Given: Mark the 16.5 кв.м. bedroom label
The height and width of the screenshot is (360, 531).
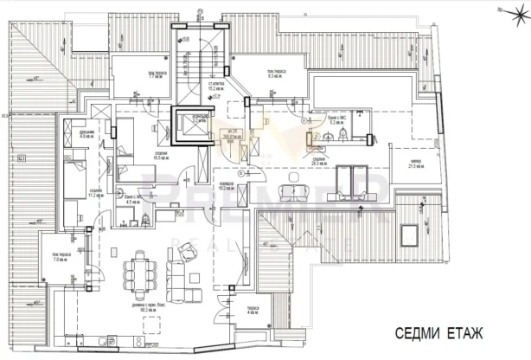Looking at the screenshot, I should point(161,157).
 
